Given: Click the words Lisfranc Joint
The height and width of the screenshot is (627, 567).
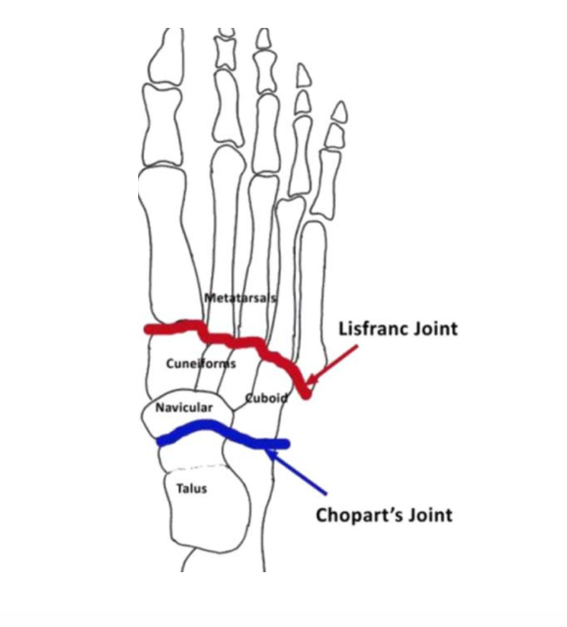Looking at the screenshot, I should [397, 329].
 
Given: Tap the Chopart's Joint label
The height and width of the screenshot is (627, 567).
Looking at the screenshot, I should [384, 516].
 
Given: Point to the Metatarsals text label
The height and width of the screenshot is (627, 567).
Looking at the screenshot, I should [240, 297].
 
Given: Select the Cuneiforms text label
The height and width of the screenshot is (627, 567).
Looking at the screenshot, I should [201, 364].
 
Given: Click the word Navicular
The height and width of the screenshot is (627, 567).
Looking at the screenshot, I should [184, 408].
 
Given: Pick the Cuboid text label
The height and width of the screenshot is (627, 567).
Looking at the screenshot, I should [266, 398].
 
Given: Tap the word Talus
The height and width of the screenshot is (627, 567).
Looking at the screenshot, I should [192, 488].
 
